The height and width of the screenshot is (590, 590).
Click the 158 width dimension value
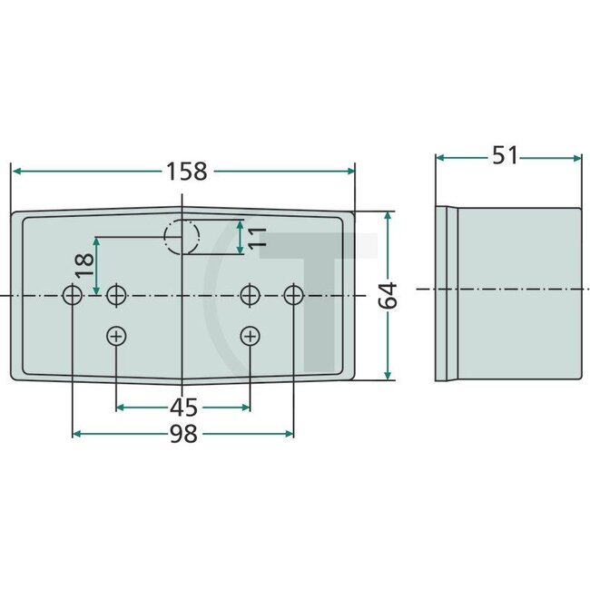click(186, 171)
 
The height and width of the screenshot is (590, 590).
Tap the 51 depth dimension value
click(505, 155)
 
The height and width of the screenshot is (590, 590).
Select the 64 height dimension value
click(388, 296)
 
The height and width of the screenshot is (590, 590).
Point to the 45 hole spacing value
click(182, 405)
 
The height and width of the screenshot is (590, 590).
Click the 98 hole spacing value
click(184, 435)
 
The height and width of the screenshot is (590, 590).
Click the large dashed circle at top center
click(182, 237)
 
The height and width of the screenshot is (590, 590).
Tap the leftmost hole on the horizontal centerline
click(72, 295)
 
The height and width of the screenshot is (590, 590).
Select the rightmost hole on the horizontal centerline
click(293, 295)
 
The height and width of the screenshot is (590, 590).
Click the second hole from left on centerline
click(116, 295)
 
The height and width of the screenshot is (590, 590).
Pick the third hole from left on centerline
click(250, 295)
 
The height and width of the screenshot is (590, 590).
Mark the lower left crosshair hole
click(116, 337)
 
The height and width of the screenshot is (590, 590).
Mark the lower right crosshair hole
click(250, 337)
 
